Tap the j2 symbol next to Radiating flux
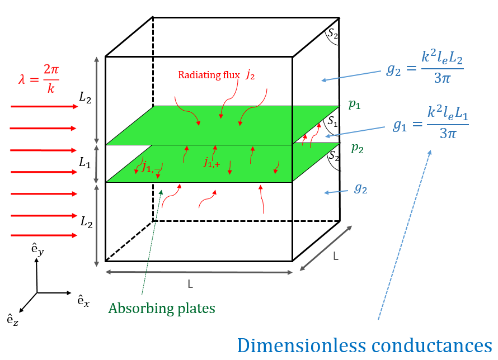(250, 75)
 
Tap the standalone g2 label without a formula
(360, 188)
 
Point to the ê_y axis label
(37, 249)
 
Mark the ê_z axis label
(12, 320)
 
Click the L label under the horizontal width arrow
(190, 284)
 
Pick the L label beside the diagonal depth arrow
(336, 256)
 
